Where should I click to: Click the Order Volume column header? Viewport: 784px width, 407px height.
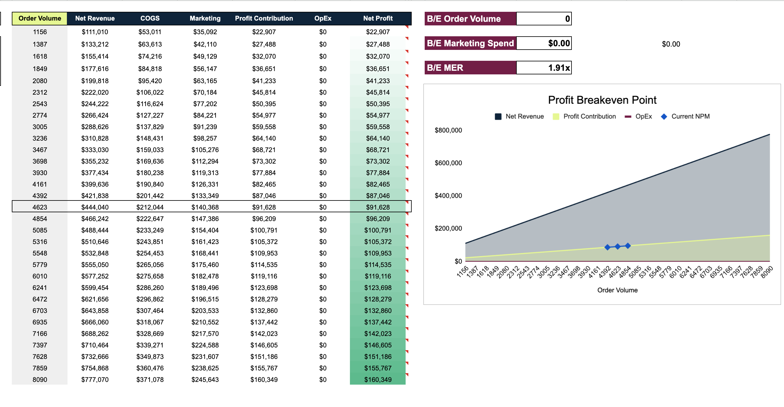(x=40, y=18)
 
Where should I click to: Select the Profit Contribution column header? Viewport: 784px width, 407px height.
(x=264, y=18)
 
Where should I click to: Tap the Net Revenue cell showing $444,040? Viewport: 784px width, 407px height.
(x=95, y=207)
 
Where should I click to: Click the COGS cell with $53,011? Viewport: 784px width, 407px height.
(x=150, y=32)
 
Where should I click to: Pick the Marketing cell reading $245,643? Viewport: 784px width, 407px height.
(x=205, y=379)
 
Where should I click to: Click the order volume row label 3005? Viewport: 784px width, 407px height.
(x=40, y=127)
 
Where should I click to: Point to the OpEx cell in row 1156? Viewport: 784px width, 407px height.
(x=323, y=32)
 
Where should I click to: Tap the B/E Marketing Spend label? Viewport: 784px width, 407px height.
(x=470, y=43)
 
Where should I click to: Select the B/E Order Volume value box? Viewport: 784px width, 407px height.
(x=544, y=18)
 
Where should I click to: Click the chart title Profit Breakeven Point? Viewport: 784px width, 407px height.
(x=602, y=100)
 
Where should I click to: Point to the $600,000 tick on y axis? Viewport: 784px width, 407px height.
(x=448, y=163)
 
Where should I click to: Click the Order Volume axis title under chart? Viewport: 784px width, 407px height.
(x=617, y=290)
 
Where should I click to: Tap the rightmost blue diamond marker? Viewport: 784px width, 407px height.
(x=628, y=246)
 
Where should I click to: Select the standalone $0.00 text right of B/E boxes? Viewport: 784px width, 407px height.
(x=670, y=44)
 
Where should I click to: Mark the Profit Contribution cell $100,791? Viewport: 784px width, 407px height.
(x=264, y=230)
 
